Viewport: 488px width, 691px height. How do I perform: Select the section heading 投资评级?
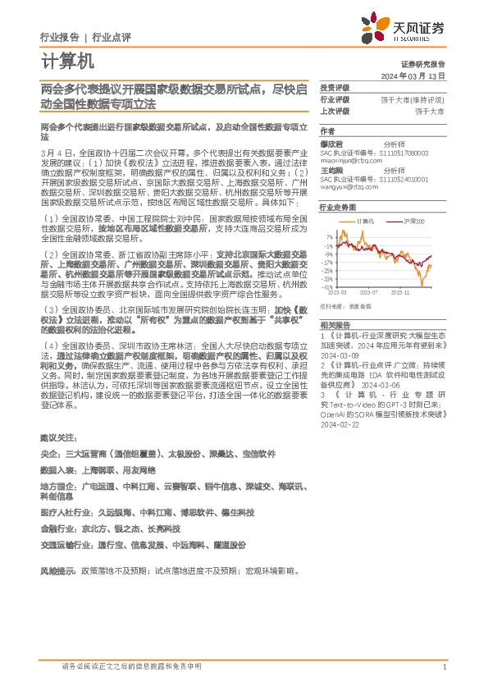coord(335,87)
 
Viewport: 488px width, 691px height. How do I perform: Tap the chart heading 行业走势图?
coord(336,208)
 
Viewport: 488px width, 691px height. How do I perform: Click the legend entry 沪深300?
coord(414,222)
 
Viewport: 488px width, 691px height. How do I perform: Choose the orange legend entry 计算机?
coord(366,222)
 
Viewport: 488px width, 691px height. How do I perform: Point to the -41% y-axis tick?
coord(328,287)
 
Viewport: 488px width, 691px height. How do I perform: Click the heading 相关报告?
coord(335,325)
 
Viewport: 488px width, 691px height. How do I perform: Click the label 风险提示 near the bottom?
coord(56,569)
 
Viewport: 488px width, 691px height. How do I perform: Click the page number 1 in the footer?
coord(444,667)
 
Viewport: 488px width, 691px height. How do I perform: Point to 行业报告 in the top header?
coord(59,37)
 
